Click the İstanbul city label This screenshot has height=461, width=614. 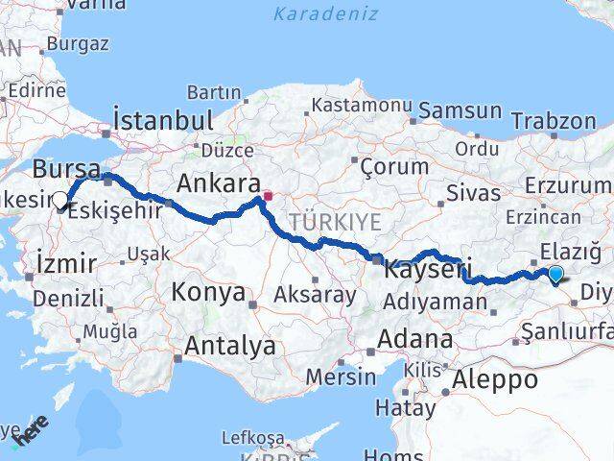[162, 121]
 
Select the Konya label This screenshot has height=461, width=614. [208, 292]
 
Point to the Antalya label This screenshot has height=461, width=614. [231, 345]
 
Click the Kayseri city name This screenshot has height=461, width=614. [423, 271]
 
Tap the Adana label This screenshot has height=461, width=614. [415, 339]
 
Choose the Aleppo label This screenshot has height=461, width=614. [497, 378]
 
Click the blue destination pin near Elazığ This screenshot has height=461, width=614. [555, 275]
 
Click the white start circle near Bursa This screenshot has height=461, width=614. [60, 201]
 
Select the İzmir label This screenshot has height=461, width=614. [65, 262]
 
